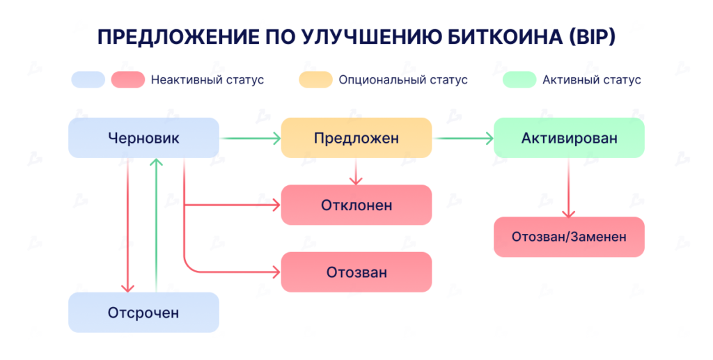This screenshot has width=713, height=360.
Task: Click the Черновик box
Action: pyautogui.click(x=143, y=138)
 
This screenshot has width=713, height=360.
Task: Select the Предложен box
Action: pyautogui.click(x=356, y=138)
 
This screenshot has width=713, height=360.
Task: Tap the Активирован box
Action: pyautogui.click(x=569, y=138)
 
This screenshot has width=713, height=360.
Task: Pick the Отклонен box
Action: pyautogui.click(x=356, y=205)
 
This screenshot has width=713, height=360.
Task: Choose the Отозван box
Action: pyautogui.click(x=356, y=272)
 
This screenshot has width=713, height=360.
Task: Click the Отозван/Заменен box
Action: pyautogui.click(x=569, y=237)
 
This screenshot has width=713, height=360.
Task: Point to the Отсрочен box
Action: pyautogui.click(x=143, y=313)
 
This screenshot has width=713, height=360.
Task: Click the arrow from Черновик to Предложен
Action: pyautogui.click(x=250, y=139)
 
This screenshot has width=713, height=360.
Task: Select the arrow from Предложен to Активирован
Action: pyautogui.click(x=463, y=139)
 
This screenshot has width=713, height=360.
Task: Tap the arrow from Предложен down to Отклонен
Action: pyautogui.click(x=356, y=171)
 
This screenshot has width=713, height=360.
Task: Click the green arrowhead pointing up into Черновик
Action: pyautogui.click(x=157, y=164)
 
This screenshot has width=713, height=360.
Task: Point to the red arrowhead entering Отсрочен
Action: pyautogui.click(x=127, y=286)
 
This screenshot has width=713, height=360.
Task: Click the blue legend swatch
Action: pyautogui.click(x=88, y=79)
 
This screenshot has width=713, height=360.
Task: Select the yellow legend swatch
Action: pyautogui.click(x=315, y=79)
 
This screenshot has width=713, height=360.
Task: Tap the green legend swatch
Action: pyautogui.click(x=519, y=79)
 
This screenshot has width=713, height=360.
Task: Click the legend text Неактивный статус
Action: pyautogui.click(x=207, y=79)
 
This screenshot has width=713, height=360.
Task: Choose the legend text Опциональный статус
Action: pyautogui.click(x=402, y=79)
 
